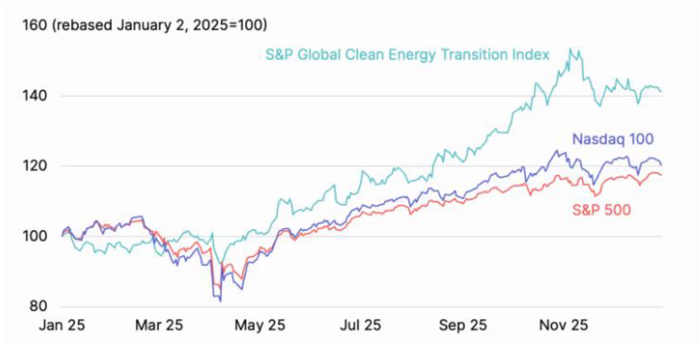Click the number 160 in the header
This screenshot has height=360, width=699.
pyautogui.click(x=33, y=24)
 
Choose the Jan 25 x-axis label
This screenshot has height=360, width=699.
pyautogui.click(x=62, y=326)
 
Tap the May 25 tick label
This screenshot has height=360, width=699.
pyautogui.click(x=260, y=326)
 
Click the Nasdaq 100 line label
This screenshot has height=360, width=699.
pyautogui.click(x=613, y=139)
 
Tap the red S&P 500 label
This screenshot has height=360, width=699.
pyautogui.click(x=601, y=210)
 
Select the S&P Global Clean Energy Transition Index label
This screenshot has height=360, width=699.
pyautogui.click(x=407, y=54)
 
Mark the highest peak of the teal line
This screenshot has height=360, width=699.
pyautogui.click(x=570, y=48)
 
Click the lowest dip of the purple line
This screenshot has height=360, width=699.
pyautogui.click(x=220, y=301)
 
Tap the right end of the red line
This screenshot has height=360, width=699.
pyautogui.click(x=661, y=175)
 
